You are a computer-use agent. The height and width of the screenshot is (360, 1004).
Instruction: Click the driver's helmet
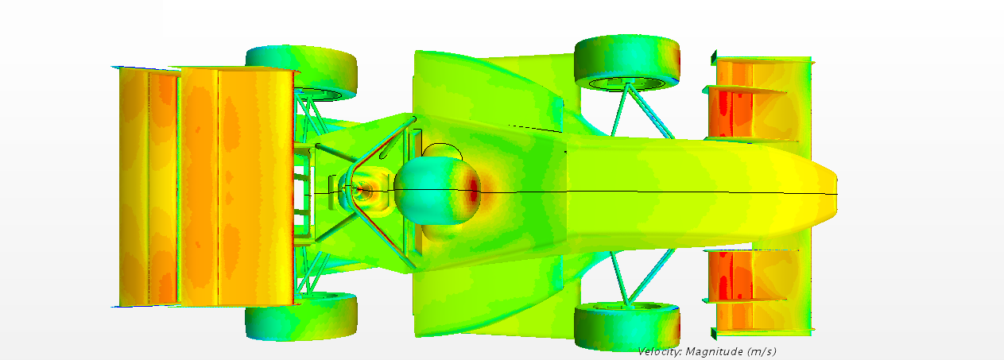pyautogui.click(x=437, y=191)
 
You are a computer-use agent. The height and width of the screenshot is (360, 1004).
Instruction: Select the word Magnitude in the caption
pyautogui.click(x=712, y=352)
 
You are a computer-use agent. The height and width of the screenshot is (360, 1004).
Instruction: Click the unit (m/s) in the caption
pyautogui.click(x=760, y=351)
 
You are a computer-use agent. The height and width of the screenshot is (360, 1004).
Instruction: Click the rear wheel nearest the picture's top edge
pyautogui.click(x=301, y=72)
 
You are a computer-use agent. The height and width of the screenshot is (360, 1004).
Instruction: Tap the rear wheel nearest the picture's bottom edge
pyautogui.click(x=301, y=315)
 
